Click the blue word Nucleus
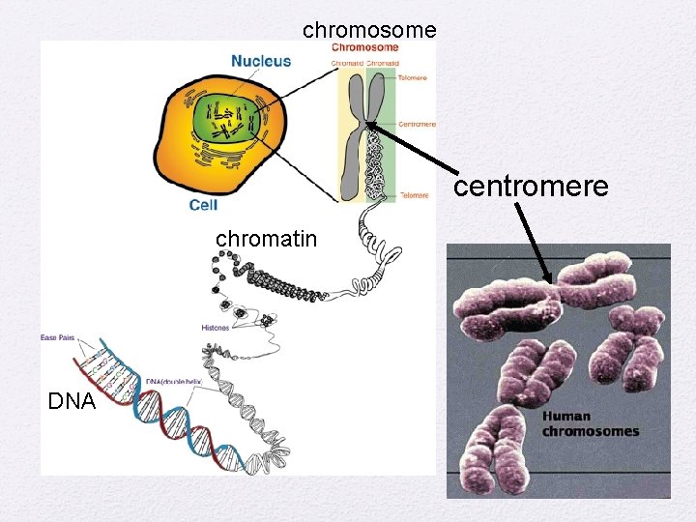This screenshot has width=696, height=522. tap(260, 61)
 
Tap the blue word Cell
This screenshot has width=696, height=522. tap(203, 205)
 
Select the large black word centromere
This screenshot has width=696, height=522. tap(531, 185)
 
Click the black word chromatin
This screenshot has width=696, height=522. tap(266, 238)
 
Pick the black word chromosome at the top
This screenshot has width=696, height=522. tap(369, 30)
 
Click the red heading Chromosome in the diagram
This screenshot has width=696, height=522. tap(365, 47)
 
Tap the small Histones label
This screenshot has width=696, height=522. tap(215, 329)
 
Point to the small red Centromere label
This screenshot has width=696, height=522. tap(417, 124)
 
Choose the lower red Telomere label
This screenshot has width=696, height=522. tap(414, 195)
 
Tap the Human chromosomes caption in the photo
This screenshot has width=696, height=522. tap(591, 424)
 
